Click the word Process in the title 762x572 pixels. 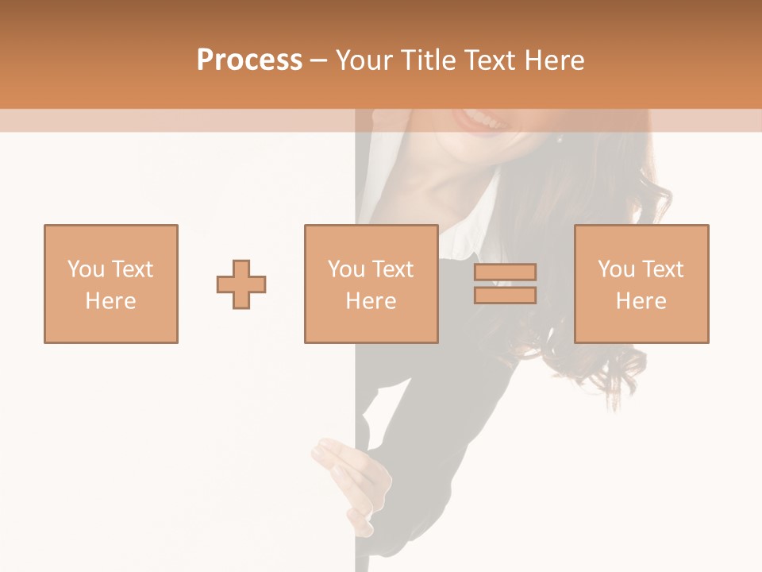[249, 60]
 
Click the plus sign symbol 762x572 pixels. [241, 284]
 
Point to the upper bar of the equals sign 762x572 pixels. [505, 272]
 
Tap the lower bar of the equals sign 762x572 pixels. [505, 296]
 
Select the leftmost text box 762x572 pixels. [110, 284]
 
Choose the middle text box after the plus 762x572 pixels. [371, 284]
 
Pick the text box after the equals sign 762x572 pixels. [641, 284]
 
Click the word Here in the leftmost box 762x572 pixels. [110, 301]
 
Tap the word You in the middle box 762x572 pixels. [346, 269]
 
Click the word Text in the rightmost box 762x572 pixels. [662, 269]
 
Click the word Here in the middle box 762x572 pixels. [371, 301]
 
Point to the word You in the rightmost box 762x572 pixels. [616, 269]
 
